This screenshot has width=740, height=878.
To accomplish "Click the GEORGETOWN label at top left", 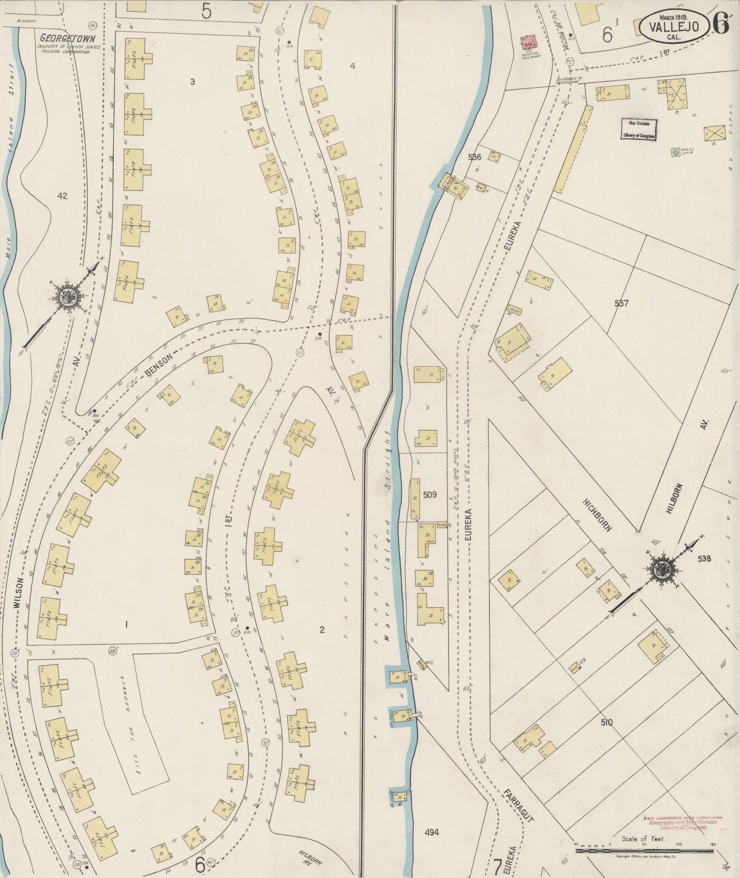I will [64, 38].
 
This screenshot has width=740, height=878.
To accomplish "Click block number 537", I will [621, 303].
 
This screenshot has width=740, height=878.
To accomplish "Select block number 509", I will [430, 495].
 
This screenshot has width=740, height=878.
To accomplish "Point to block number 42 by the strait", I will [62, 195].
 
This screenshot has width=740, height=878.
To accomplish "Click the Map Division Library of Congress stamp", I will [639, 129].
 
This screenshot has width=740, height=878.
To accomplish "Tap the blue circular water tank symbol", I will [676, 152].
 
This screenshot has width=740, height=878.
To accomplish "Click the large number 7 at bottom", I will [497, 867].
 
